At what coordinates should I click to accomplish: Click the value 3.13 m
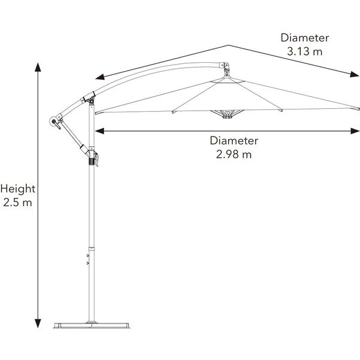(304, 51)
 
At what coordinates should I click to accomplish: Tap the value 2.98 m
(234, 154)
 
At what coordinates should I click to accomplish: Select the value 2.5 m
(17, 203)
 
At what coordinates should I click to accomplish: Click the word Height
(18, 189)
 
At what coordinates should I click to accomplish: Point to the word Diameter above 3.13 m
(305, 38)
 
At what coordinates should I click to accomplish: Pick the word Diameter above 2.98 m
(234, 141)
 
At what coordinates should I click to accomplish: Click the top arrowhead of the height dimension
(38, 67)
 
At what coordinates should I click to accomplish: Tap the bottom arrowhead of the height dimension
(38, 324)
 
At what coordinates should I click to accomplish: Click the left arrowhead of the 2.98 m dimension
(100, 131)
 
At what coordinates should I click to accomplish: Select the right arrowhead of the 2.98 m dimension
(355, 131)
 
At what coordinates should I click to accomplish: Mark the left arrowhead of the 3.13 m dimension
(100, 77)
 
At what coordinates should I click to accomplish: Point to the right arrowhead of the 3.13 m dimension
(355, 74)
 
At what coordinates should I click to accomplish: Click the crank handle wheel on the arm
(54, 121)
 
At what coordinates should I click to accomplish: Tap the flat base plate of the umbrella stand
(91, 325)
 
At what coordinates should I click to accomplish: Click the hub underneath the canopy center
(227, 114)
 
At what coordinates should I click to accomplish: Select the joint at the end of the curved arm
(225, 66)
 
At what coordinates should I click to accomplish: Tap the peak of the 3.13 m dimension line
(228, 45)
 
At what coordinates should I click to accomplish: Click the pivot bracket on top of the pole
(90, 99)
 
